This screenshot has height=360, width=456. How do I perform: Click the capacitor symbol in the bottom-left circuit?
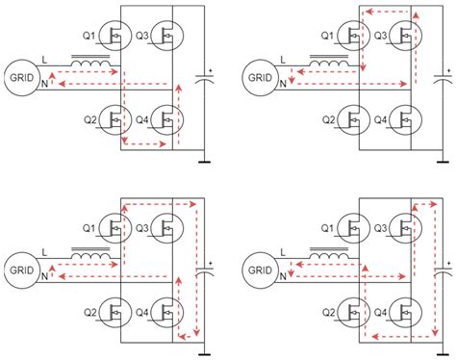(204, 271)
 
